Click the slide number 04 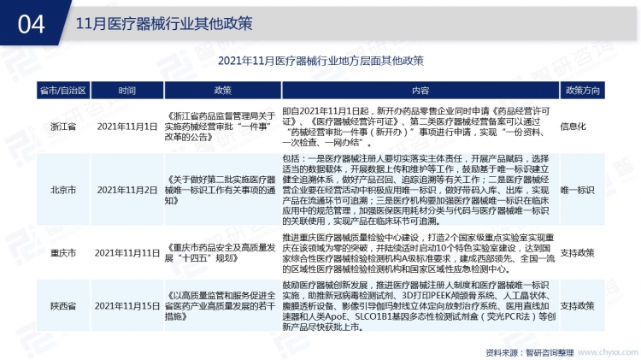(32, 24)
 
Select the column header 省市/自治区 (62, 90)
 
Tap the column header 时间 (127, 90)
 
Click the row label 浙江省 (62, 127)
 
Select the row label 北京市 (62, 188)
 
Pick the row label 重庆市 (62, 254)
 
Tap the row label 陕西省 (62, 305)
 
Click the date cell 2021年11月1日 (127, 127)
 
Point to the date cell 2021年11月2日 (127, 188)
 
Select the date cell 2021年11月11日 (127, 254)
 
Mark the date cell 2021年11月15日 (127, 305)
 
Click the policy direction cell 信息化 (573, 127)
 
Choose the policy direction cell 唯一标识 (578, 188)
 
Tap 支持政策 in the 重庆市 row (578, 254)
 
